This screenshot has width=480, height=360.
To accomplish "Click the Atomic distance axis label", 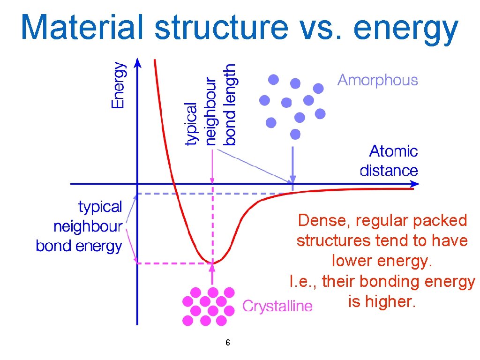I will point(389,161).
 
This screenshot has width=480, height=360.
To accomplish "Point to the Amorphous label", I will point(377,80).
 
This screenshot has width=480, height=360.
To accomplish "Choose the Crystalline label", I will point(277,307).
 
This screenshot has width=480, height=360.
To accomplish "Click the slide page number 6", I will point(227,343).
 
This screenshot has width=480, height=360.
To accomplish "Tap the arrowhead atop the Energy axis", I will point(136,62).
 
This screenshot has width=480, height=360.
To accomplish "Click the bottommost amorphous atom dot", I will point(295,135).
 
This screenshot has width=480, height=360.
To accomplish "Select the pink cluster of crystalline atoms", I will point(209,307).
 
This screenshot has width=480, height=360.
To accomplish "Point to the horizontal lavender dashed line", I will point(211,193).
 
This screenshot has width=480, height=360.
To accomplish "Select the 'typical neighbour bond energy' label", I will point(80,226).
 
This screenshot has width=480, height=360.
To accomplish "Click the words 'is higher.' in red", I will point(382,302).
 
